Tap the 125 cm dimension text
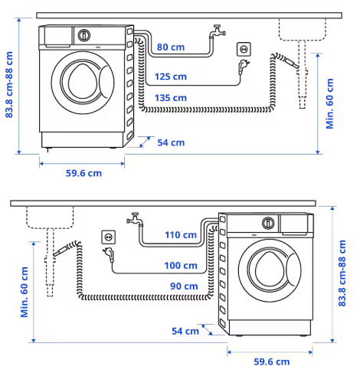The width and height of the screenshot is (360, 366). [170, 77]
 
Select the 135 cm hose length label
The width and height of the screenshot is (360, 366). [170, 98]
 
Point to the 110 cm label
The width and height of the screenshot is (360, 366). [181, 235]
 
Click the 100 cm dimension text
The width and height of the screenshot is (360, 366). [181, 266]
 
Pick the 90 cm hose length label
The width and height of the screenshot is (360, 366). [183, 286]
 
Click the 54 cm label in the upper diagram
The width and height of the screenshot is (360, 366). [170, 142]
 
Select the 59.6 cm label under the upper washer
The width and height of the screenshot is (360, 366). [83, 173]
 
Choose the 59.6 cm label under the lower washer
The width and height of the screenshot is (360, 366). [272, 360]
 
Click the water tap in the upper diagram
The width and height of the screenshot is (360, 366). [219, 31]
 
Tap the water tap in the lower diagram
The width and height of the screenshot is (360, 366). [135, 219]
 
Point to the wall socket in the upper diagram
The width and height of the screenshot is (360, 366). [244, 49]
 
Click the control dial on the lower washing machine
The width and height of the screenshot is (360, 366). [268, 223]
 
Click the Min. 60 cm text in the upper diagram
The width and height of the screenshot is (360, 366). [331, 102]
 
